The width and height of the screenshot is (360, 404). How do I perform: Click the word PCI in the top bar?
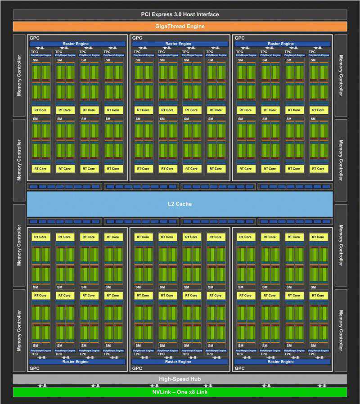tap(145, 14)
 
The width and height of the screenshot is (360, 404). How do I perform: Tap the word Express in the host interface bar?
tap(162, 14)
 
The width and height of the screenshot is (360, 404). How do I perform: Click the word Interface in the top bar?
tap(209, 14)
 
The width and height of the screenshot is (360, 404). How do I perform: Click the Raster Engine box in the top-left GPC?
tap(77, 44)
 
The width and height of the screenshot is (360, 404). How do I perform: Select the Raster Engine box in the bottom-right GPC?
tap(282, 362)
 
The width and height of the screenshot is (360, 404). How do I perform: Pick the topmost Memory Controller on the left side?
tap(19, 75)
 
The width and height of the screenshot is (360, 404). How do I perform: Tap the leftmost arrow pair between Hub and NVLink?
tap(41, 386)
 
